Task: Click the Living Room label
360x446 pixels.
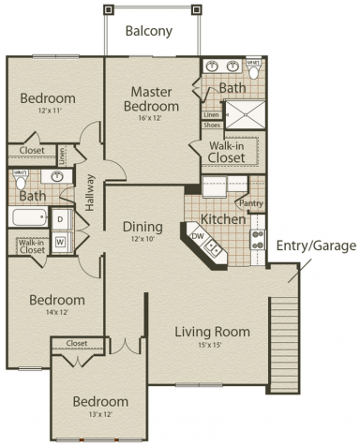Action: click(212, 332)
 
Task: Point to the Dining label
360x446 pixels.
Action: click(142, 227)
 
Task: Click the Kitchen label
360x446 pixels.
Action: click(223, 218)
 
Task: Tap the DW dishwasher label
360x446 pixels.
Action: click(198, 235)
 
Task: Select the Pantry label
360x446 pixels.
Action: click(250, 202)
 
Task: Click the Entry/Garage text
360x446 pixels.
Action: click(316, 245)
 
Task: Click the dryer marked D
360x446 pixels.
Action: click(59, 219)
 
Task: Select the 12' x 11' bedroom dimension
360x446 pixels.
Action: click(48, 111)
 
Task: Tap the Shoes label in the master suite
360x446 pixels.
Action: click(212, 125)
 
